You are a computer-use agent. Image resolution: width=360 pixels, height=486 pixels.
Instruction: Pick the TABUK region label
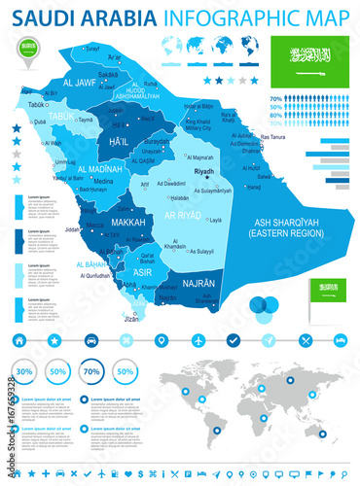click(61, 115)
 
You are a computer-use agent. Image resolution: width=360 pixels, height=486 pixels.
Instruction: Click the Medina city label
click(104, 181)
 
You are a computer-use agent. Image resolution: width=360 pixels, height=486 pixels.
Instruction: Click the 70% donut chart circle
click(91, 371)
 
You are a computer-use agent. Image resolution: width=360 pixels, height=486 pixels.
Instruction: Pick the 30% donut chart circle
click(24, 371)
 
